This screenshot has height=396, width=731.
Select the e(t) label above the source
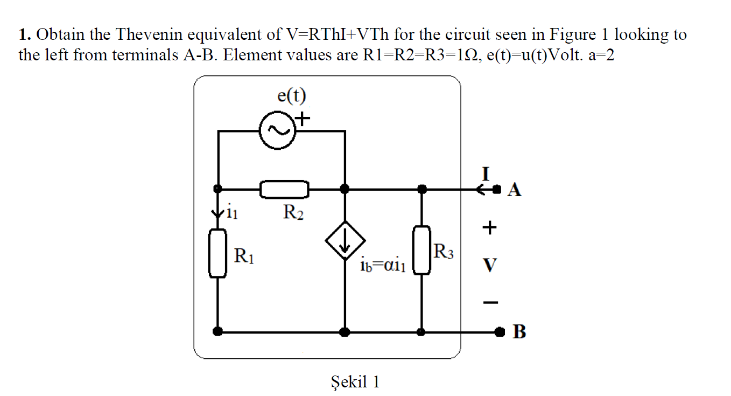(291, 96)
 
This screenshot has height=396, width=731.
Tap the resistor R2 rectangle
(284, 189)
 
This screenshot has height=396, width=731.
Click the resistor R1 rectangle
(217, 253)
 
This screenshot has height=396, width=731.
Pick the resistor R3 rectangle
(421, 251)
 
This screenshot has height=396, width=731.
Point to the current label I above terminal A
(486, 173)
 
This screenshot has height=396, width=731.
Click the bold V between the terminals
(489, 265)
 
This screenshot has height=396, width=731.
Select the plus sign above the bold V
(489, 228)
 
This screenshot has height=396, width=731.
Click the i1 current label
(230, 213)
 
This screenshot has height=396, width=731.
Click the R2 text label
(293, 213)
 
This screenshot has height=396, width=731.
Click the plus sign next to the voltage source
(304, 117)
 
